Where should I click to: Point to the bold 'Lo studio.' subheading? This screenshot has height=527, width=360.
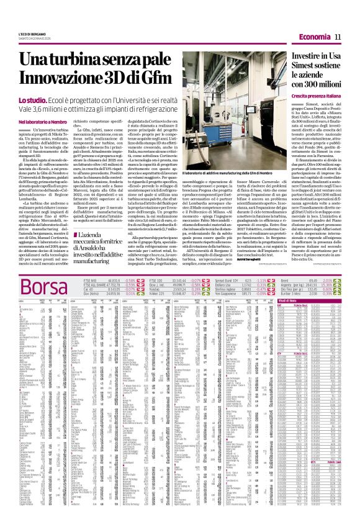pyautogui.click(x=35, y=100)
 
